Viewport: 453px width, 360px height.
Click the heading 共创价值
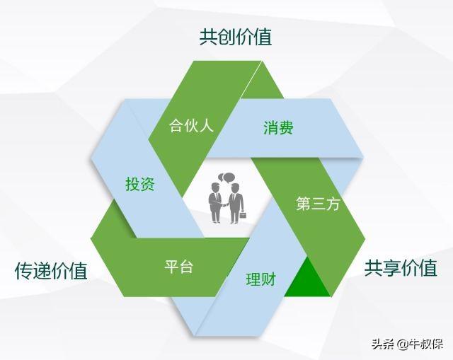[236, 37]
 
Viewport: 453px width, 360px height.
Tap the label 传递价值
[51, 271]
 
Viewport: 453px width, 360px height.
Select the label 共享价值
[401, 268]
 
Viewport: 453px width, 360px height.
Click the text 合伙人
[191, 125]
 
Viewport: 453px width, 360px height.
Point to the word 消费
[278, 127]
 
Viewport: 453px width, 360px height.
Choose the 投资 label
[140, 184]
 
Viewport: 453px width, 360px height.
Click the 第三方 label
[318, 204]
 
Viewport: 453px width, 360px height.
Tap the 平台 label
[178, 266]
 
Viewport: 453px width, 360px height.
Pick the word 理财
[261, 279]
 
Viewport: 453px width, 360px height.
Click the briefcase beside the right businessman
[243, 215]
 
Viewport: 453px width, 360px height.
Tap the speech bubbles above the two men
[226, 178]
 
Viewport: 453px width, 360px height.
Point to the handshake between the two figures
[224, 205]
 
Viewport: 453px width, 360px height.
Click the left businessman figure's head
[215, 187]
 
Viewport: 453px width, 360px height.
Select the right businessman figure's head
[236, 188]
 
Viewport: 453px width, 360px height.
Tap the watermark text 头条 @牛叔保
[407, 344]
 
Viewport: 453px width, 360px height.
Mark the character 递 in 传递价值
[42, 271]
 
